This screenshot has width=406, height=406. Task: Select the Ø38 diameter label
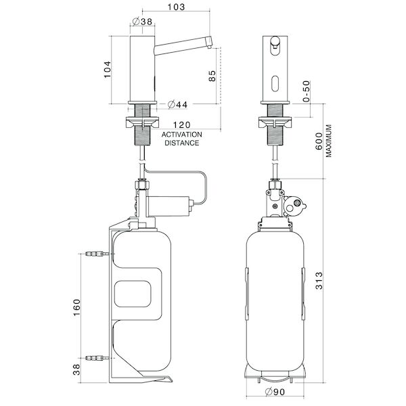[x=143, y=21]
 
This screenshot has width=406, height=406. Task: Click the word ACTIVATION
[x=181, y=135]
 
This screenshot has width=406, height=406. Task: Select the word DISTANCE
[x=181, y=143]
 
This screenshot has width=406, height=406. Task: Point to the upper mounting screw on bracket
[x=95, y=256]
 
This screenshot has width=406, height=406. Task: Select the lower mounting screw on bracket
[x=95, y=357]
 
